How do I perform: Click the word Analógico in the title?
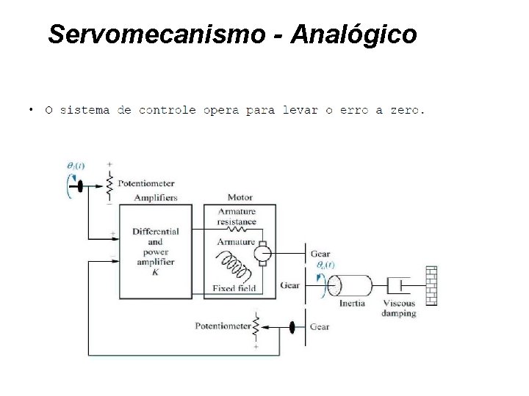click(354, 34)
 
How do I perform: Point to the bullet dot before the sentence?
click(31, 111)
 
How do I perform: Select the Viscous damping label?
click(399, 308)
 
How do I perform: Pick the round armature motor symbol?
click(262, 253)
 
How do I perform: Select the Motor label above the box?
click(240, 197)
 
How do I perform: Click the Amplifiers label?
click(155, 197)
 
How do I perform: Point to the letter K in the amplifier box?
click(155, 272)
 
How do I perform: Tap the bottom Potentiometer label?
click(223, 325)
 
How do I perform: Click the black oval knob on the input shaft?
click(76, 186)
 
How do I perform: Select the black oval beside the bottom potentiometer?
click(293, 328)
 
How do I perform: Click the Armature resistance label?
click(237, 216)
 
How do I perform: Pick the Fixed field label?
click(234, 288)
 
